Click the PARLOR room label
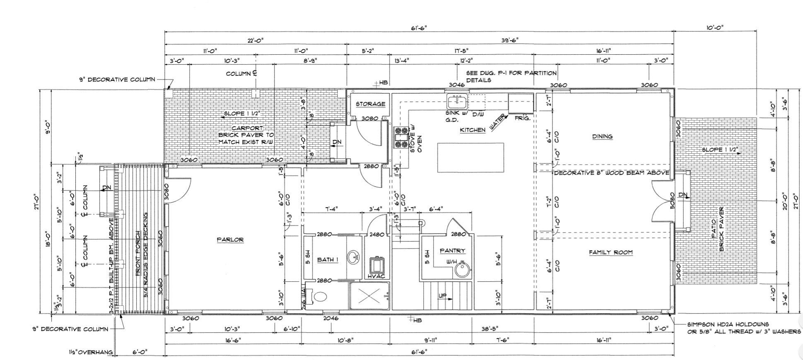tap(230, 239)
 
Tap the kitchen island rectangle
tap(470, 157)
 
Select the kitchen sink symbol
tap(457, 101)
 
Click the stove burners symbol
tap(400, 138)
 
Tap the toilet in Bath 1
tap(319, 296)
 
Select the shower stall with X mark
tap(369, 296)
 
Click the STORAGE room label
tap(370, 104)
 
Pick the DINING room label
tap(602, 136)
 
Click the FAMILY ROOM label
tap(611, 252)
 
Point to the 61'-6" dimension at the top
tap(419, 28)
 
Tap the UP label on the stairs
tap(443, 296)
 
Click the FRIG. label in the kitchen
tap(522, 118)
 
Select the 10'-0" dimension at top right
tap(715, 28)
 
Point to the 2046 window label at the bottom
tap(330, 318)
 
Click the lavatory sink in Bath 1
tap(354, 257)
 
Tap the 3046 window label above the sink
tap(457, 85)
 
